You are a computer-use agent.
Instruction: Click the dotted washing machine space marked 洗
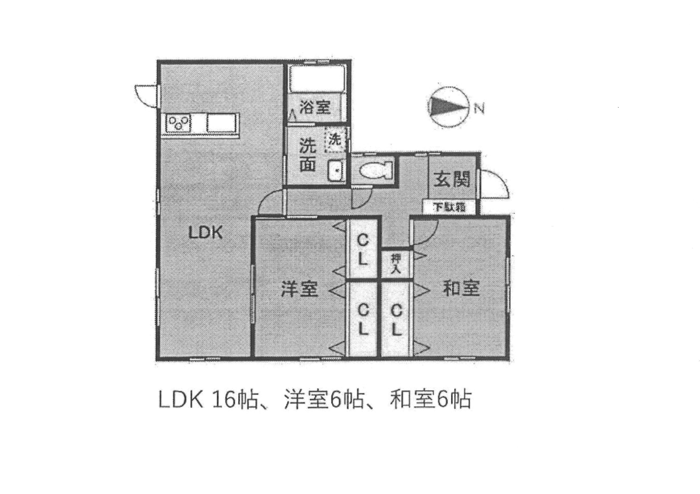[336, 140]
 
